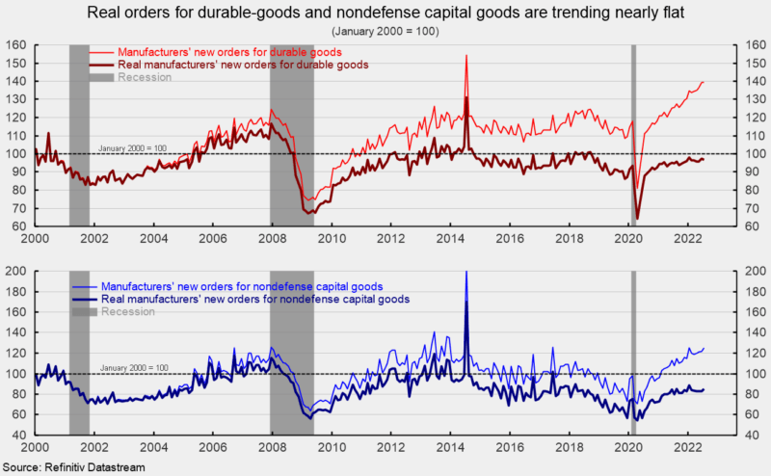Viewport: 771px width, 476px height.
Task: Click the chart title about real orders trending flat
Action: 385,13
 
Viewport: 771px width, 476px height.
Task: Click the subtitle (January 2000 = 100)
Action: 385,30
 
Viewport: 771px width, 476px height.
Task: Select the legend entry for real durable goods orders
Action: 242,64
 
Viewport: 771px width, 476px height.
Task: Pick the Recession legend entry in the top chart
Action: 144,77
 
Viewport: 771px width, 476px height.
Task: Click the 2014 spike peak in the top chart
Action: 466,56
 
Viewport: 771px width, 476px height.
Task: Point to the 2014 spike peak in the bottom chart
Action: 466,273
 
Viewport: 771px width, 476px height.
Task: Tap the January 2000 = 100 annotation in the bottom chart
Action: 134,367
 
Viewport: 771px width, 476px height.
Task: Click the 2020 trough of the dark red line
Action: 637,218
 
